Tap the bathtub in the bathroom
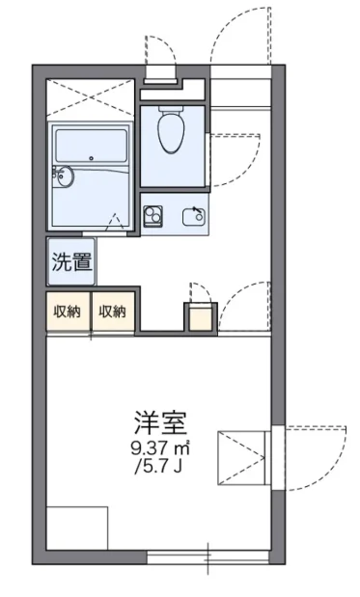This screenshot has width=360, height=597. click(x=91, y=146)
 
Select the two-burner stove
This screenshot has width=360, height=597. click(x=152, y=216)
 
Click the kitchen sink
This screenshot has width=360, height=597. click(x=194, y=217)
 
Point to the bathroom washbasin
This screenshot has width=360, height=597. click(x=64, y=176)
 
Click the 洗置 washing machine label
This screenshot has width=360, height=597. click(x=72, y=261)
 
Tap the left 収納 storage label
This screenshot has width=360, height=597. click(x=67, y=312)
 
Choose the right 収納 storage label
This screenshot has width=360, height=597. click(x=112, y=312)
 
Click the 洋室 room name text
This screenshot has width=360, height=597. click(x=161, y=423)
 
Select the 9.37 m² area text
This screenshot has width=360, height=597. click(x=160, y=448)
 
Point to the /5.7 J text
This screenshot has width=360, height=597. click(x=158, y=467)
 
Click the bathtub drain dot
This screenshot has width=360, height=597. click(x=91, y=158)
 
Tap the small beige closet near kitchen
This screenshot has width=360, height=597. click(x=201, y=318)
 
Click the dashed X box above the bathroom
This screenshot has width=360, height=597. click(x=91, y=97)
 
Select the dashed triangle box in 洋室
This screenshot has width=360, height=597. click(x=241, y=458)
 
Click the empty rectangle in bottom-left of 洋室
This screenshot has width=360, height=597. click(x=77, y=529)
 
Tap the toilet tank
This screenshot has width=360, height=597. click(x=171, y=109)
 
